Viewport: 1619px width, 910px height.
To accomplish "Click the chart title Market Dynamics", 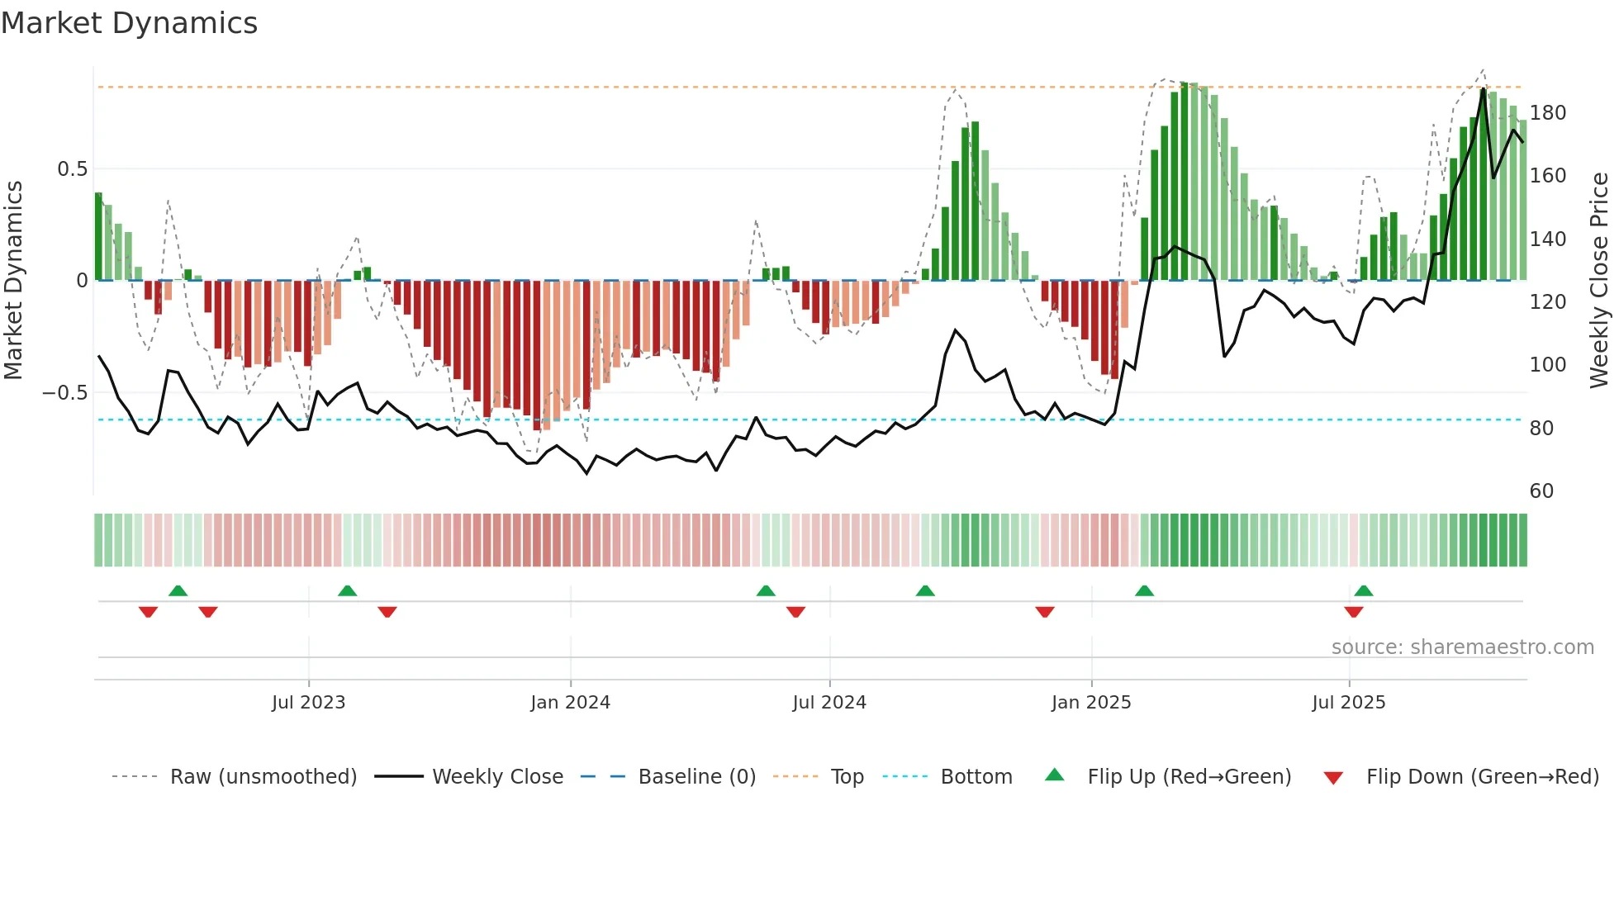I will click(129, 23).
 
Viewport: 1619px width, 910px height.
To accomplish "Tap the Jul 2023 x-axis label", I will click(308, 703).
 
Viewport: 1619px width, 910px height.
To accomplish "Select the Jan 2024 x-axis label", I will click(570, 703).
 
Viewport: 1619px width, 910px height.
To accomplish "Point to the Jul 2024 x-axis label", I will click(829, 703).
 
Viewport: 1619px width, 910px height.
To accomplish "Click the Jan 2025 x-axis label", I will click(1091, 703).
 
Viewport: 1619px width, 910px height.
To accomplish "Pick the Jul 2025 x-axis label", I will click(1349, 703).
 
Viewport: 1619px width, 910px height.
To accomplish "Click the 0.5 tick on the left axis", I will click(72, 169).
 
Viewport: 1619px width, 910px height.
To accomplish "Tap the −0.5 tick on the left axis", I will click(65, 393).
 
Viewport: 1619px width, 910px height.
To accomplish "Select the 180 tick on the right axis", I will click(1547, 113).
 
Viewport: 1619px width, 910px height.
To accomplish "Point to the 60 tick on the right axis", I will click(1541, 491).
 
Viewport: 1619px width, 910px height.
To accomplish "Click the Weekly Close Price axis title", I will click(1599, 281).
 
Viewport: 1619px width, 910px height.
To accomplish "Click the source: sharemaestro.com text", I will click(1462, 647).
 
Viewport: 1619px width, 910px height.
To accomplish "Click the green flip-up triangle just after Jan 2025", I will click(1144, 590).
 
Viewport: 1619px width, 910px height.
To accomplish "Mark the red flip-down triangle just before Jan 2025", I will click(1045, 612).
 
